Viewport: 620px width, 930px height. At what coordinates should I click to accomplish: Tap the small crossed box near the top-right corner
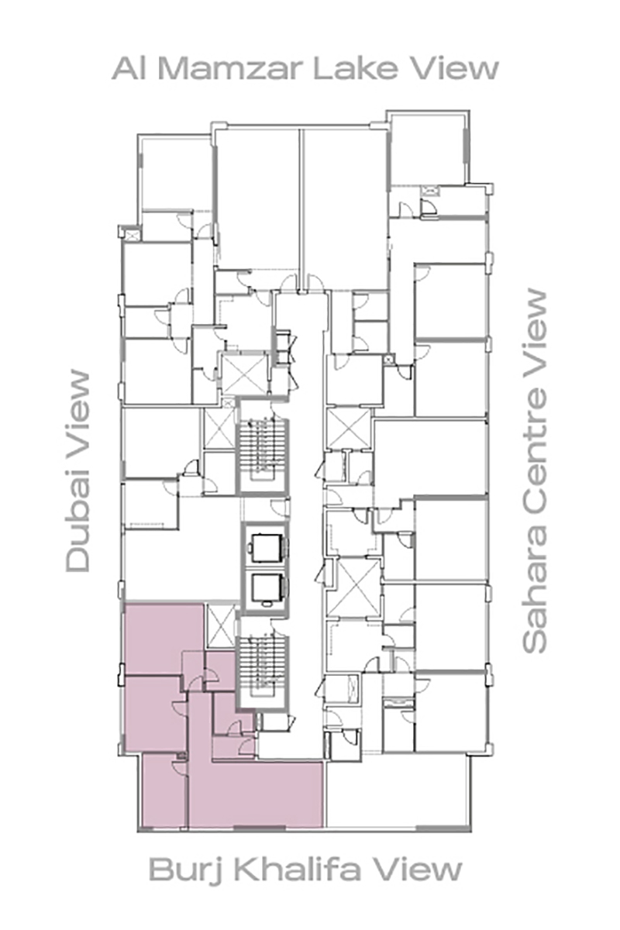pyautogui.click(x=429, y=191)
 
